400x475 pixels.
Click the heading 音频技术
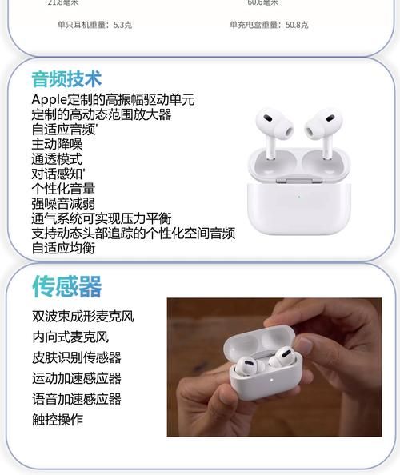[66, 78]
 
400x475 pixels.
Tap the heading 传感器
[66, 285]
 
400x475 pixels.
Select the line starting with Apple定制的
[113, 100]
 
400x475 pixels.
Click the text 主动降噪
[57, 144]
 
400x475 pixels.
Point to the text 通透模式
[57, 159]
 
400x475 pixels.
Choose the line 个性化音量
[63, 189]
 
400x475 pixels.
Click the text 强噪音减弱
[63, 203]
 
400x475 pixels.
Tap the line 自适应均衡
[63, 248]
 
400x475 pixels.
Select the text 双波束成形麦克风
[82, 316]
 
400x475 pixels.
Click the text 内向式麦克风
[70, 337]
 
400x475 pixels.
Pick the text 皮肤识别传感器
[76, 357]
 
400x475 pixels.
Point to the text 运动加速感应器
[76, 378]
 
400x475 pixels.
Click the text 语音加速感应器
[76, 399]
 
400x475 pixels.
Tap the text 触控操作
[57, 420]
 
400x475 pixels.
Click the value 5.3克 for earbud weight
[122, 25]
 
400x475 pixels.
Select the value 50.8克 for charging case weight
[297, 25]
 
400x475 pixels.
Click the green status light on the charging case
[298, 194]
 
